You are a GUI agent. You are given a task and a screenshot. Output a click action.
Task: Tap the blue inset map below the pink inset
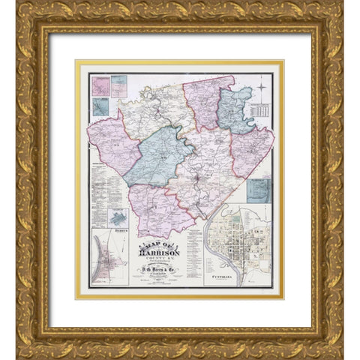(x=100, y=106)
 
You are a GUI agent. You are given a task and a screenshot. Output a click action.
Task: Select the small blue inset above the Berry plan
(x=116, y=218)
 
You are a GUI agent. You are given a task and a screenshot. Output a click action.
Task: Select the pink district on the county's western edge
(x=112, y=142)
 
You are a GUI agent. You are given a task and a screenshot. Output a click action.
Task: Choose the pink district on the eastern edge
(x=253, y=150)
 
